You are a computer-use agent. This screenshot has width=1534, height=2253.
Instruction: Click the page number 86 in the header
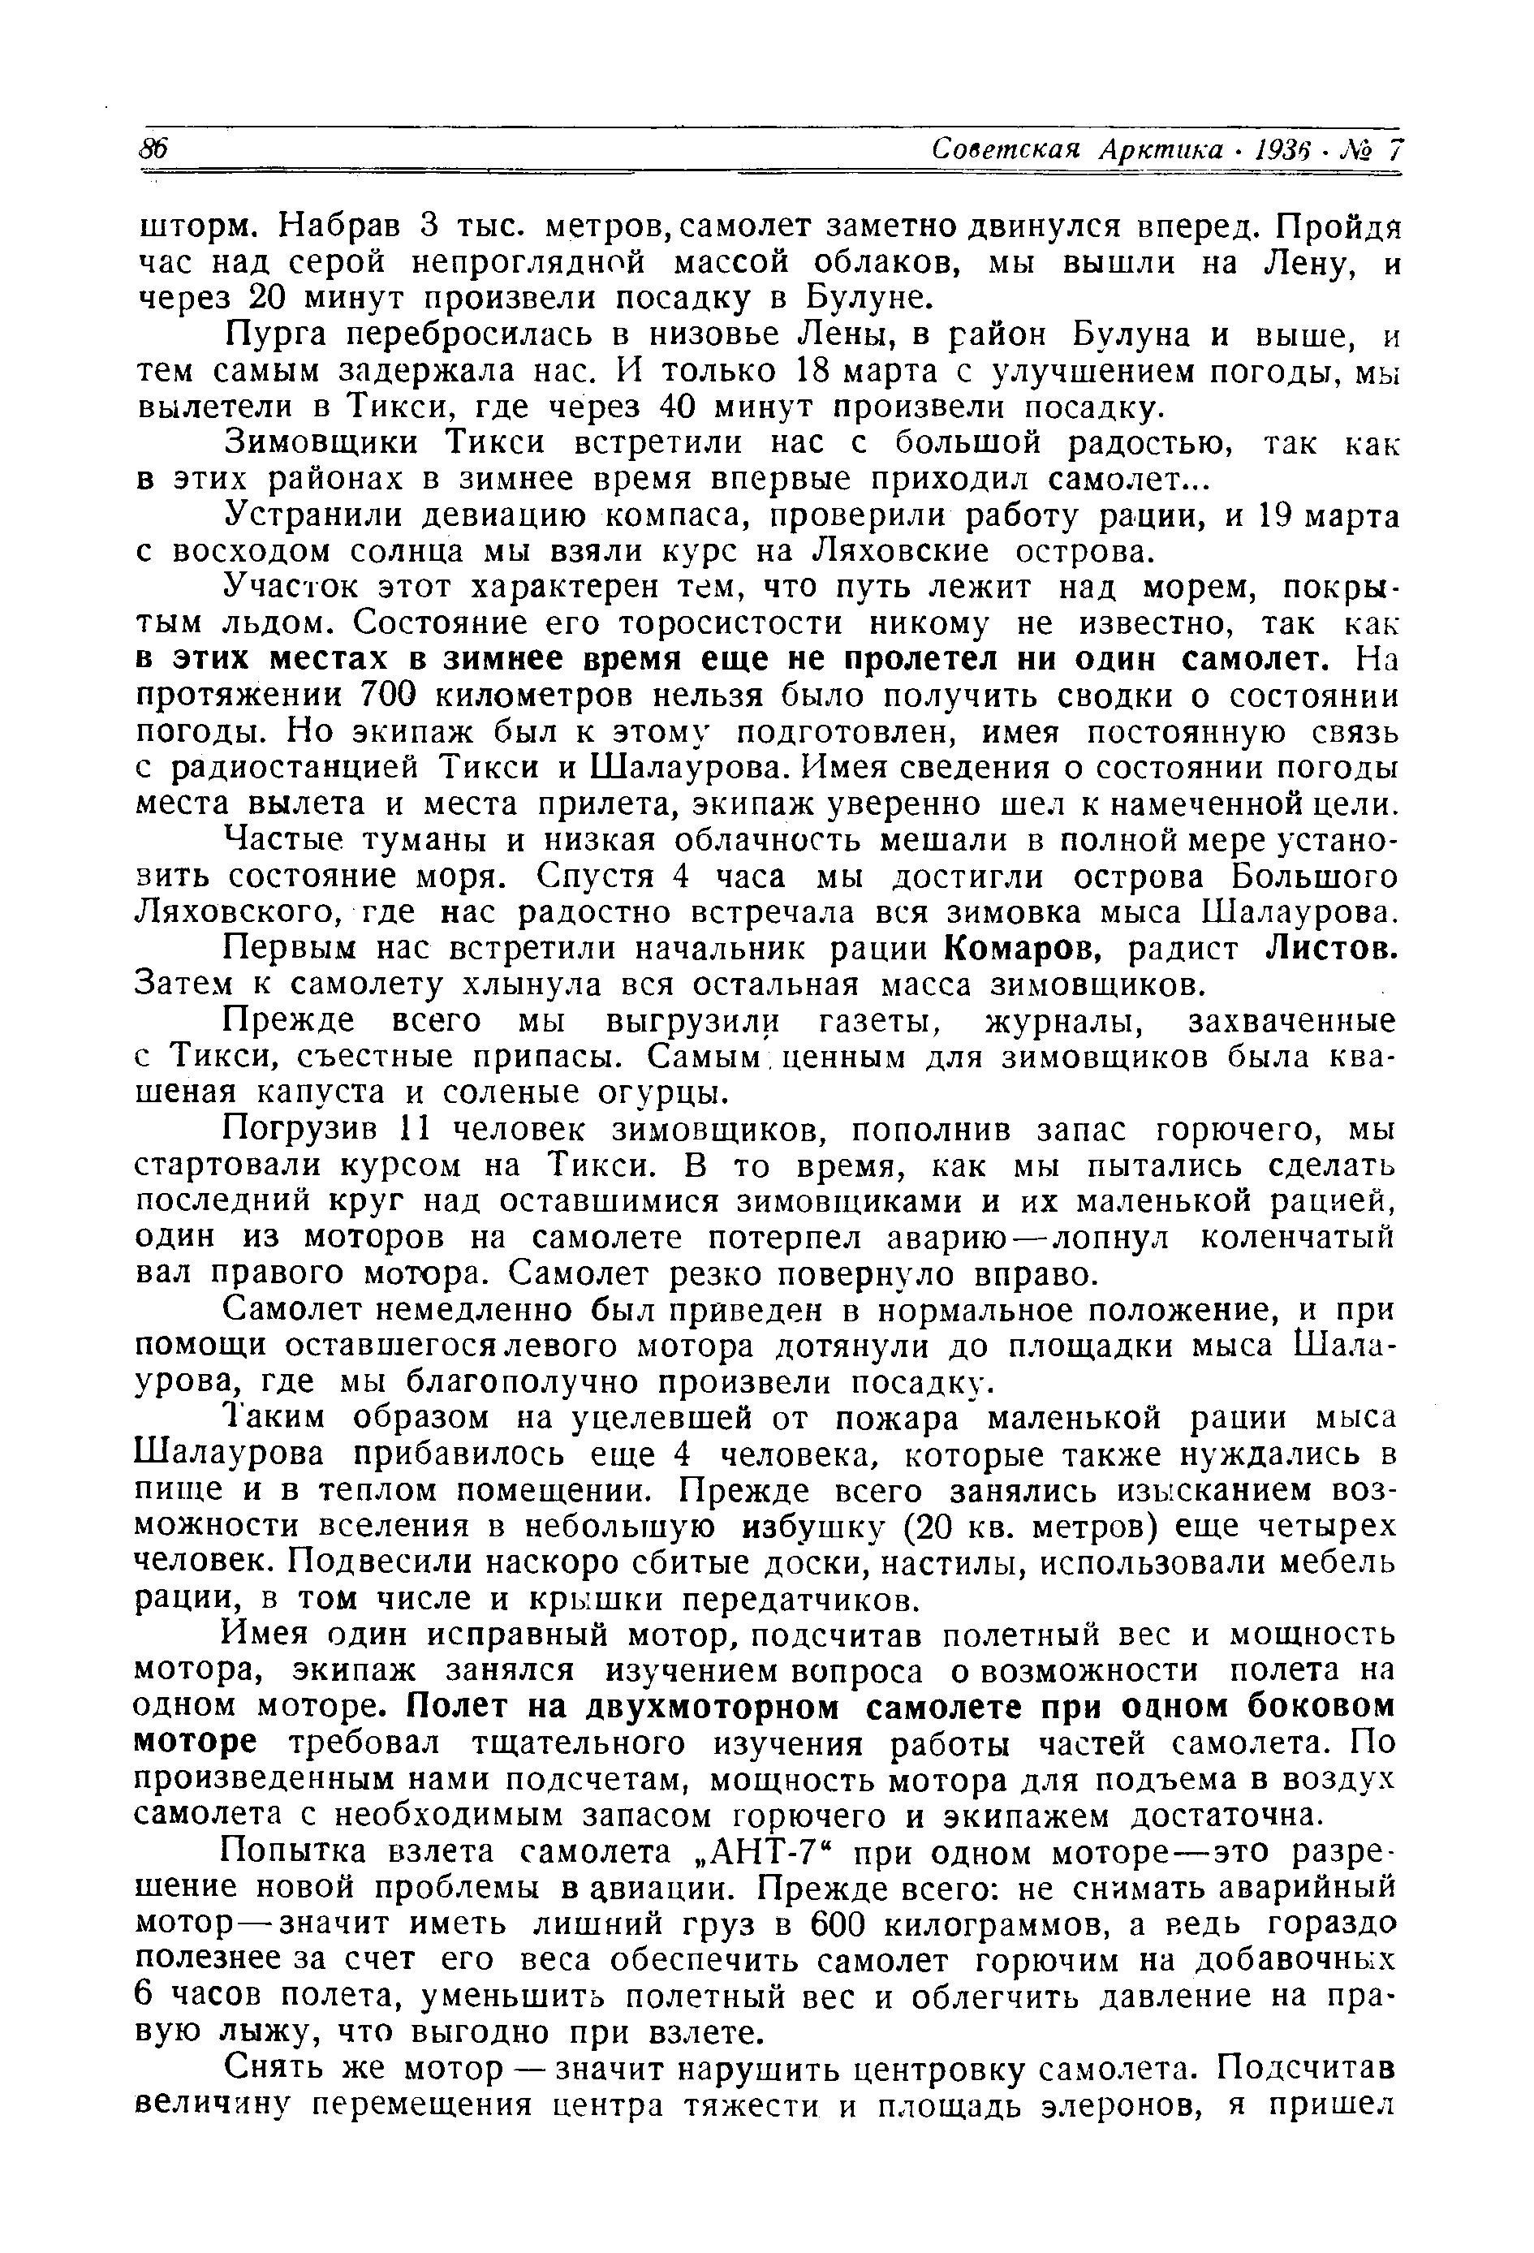click(154, 149)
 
